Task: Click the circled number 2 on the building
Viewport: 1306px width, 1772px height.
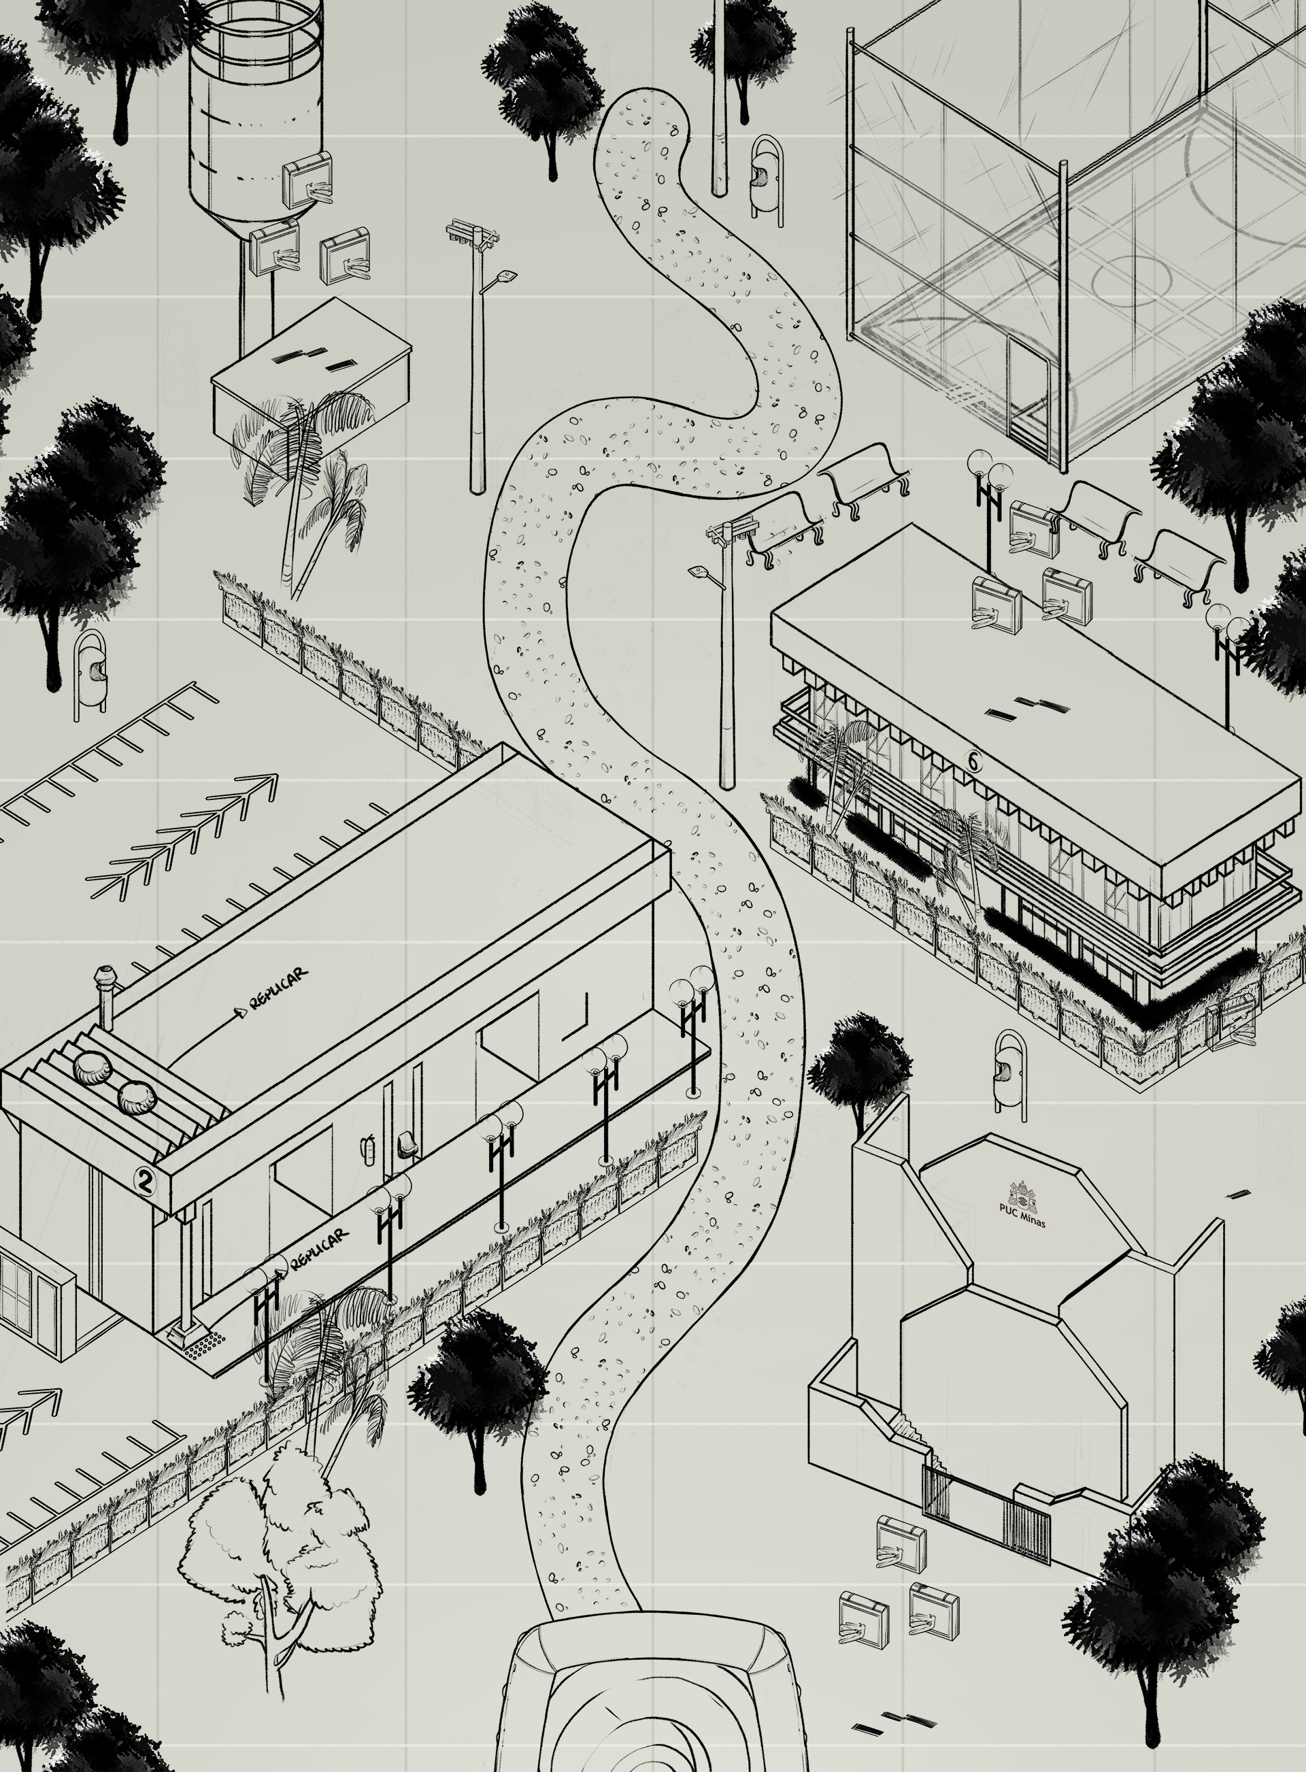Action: pyautogui.click(x=145, y=1181)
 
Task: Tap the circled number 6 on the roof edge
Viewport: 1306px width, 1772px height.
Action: pyautogui.click(x=974, y=761)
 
